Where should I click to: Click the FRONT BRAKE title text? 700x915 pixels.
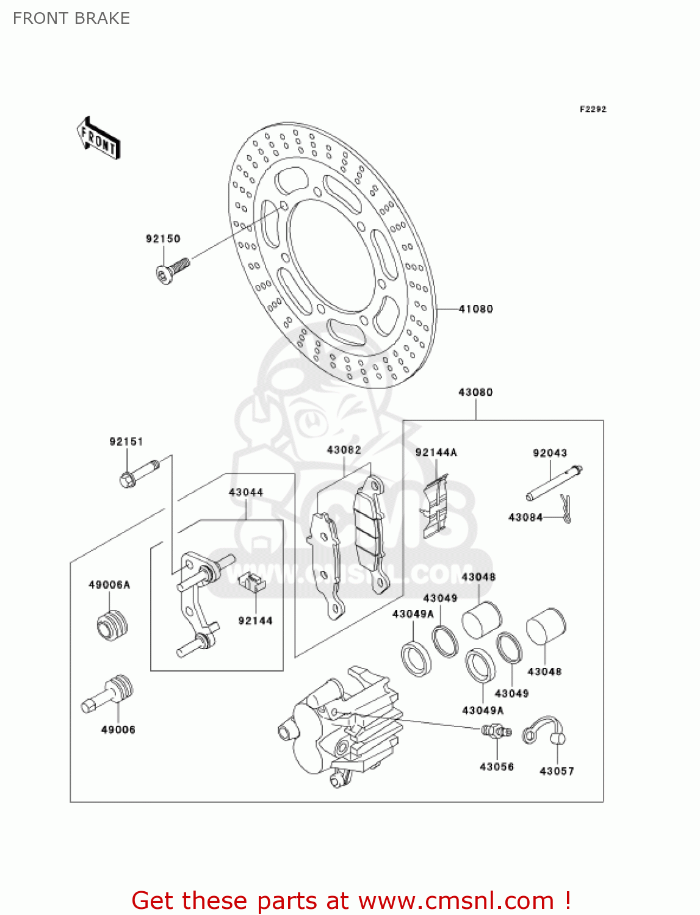tap(71, 18)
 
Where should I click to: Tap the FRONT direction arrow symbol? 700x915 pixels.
tap(98, 138)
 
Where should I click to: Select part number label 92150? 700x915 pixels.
tap(163, 239)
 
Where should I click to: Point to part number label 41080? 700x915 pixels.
tap(475, 309)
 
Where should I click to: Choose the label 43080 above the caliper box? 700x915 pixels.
tap(475, 392)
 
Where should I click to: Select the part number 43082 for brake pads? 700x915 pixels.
tap(344, 450)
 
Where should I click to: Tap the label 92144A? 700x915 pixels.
tap(436, 453)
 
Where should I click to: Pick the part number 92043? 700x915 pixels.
tap(550, 453)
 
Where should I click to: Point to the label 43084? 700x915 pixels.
tap(525, 517)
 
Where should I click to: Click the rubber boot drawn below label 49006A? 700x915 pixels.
tap(112, 625)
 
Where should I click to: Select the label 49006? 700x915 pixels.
tap(118, 730)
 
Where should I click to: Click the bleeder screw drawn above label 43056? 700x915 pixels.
tap(496, 731)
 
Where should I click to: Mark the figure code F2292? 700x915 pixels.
tap(593, 109)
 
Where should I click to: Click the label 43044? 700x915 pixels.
tap(246, 492)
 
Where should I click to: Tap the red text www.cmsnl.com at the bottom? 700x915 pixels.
tap(456, 900)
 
